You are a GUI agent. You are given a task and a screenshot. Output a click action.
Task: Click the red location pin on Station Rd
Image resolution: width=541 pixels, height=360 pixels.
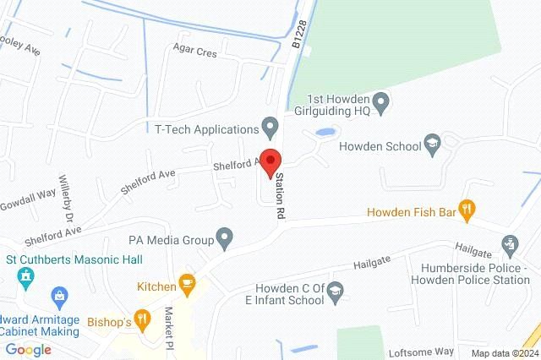[270, 161]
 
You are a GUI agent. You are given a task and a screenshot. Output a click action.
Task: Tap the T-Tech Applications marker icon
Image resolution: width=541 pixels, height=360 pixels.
[270, 129]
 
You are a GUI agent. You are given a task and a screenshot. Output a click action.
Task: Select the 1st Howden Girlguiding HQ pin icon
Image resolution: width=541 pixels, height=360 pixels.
[381, 104]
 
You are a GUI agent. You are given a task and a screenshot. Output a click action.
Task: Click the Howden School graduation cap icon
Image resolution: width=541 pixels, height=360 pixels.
[433, 145]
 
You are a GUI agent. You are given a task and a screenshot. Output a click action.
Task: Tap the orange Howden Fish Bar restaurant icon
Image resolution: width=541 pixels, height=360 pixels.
[465, 208]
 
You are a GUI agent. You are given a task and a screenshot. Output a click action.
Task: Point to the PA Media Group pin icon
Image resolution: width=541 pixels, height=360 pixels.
[225, 239]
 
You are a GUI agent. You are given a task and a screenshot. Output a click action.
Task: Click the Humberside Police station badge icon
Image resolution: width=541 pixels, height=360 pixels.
[510, 246]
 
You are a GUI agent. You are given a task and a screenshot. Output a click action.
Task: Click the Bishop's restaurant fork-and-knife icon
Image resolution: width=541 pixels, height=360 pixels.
[141, 321]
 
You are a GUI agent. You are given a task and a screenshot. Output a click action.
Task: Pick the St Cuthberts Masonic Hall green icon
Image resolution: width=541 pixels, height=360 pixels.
[24, 275]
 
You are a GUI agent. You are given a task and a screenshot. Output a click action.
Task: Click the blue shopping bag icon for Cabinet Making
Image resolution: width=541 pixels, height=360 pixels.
[59, 295]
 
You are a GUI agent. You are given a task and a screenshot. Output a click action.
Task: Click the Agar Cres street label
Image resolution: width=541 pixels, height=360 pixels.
[196, 52]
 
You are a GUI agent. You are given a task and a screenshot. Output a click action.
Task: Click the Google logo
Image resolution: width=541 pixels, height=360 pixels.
[28, 350]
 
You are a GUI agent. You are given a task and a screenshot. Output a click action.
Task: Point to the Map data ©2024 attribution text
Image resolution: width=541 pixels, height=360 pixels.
[504, 353]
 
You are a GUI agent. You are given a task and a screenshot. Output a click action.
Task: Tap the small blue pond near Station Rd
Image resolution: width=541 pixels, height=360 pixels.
[325, 133]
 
